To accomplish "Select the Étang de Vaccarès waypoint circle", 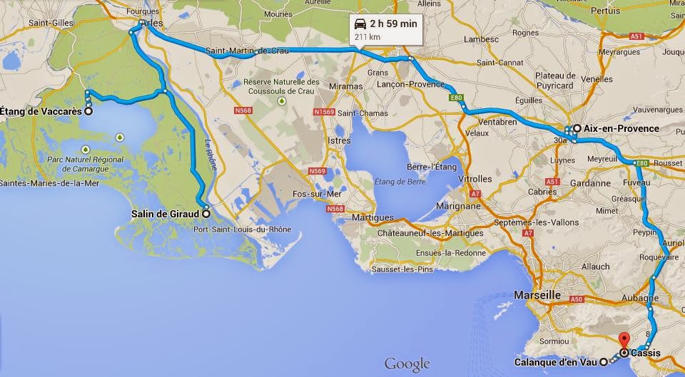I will click(x=88, y=111).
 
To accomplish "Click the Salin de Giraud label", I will click(x=165, y=212).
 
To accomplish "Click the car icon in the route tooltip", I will click(x=361, y=24).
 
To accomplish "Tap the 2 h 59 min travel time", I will click(x=393, y=24).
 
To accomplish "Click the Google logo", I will click(x=407, y=364).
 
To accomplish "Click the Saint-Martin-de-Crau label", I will click(x=248, y=51).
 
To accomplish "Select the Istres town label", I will click(x=338, y=141).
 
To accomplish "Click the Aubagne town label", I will click(x=642, y=298).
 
